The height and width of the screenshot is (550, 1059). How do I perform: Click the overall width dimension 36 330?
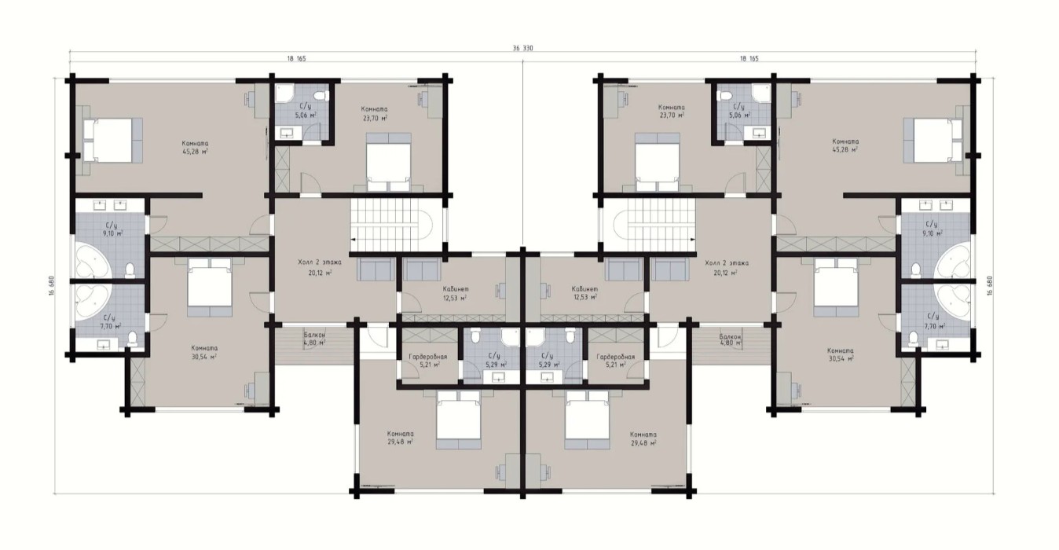[x=522, y=48]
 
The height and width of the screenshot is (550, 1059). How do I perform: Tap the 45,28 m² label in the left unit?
[x=196, y=152]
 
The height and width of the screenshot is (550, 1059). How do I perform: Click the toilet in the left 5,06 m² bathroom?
[x=322, y=96]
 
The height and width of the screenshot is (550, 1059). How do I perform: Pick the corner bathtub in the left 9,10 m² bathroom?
[x=94, y=260]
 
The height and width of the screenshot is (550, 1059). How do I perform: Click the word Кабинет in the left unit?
[x=456, y=289]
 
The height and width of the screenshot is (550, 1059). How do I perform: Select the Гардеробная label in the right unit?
[x=616, y=357]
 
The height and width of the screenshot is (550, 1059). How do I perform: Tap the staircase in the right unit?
[x=654, y=225]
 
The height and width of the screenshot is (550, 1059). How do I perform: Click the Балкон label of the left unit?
[x=314, y=335]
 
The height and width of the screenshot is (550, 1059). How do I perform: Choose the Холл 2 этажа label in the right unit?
[x=727, y=263]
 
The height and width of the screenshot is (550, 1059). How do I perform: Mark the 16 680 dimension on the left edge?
[x=51, y=286]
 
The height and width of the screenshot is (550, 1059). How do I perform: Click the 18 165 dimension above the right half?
[x=749, y=59]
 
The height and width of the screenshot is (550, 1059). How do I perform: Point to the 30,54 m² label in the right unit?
[x=841, y=358]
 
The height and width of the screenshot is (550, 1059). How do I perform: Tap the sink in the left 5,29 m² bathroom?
[x=498, y=377]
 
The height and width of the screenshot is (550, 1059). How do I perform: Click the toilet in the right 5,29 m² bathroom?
[x=570, y=335]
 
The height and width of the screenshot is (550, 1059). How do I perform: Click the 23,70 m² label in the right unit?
[x=672, y=115]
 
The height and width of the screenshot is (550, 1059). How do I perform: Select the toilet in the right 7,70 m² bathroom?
[x=914, y=338]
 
